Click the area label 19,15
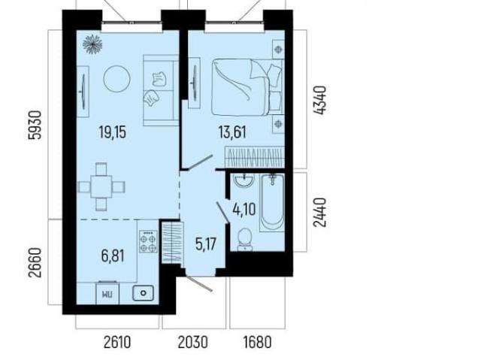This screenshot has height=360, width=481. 113,132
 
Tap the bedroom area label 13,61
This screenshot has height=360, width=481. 232,132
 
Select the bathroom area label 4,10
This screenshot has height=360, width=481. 244,210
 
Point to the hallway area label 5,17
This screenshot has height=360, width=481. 206,244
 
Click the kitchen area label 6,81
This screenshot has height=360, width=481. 113,256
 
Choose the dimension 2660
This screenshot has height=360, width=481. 35,262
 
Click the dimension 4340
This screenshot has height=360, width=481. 319,101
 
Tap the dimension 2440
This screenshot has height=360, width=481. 319,212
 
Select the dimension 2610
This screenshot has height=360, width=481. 117,342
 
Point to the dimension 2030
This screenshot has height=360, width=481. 193,342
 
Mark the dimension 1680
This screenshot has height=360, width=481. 258,342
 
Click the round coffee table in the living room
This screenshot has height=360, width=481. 116,79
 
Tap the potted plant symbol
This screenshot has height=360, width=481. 92,44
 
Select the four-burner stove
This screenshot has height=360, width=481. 149,242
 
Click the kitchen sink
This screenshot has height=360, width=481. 144,293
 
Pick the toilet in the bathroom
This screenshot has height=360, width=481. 245,239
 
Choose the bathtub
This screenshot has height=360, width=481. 272,202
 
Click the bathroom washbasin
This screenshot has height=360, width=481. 244,180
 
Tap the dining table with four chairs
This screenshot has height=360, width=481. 101,186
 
